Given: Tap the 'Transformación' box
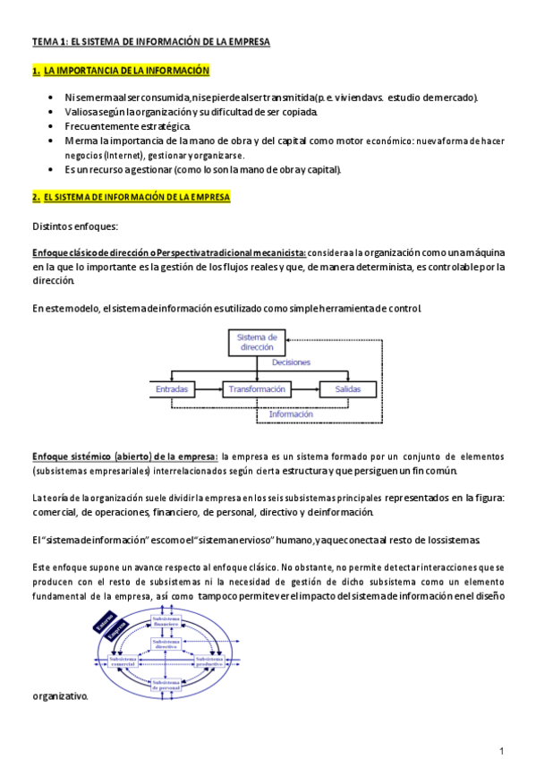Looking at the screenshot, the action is (257, 389).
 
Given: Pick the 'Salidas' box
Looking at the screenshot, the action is (344, 389).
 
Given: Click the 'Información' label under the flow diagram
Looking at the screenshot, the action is (291, 414).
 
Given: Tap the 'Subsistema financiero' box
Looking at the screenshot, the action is (166, 621).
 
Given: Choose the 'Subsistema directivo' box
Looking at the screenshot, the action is (166, 644).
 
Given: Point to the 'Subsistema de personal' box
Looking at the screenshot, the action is (166, 685).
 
